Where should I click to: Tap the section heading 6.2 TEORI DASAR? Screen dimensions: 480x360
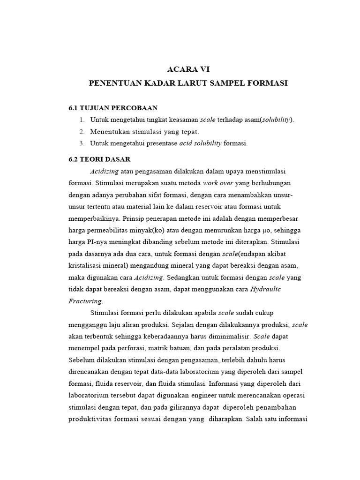pyautogui.click(x=99, y=159)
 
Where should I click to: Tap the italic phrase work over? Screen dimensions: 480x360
pyautogui.click(x=218, y=183)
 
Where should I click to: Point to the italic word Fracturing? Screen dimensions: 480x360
pyautogui.click(x=85, y=301)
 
